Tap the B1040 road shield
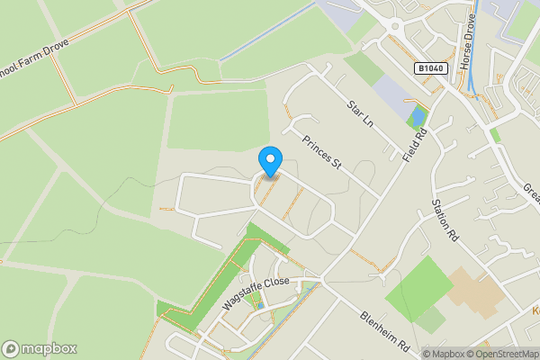click(x=429, y=68)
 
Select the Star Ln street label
click(x=360, y=113)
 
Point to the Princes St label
click(x=323, y=151)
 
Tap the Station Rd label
click(x=445, y=221)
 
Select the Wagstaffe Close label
click(x=256, y=294)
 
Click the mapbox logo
click(x=40, y=348)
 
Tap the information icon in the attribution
click(x=415, y=354)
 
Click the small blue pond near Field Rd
click(x=416, y=118)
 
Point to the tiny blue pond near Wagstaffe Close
click(x=260, y=306)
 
